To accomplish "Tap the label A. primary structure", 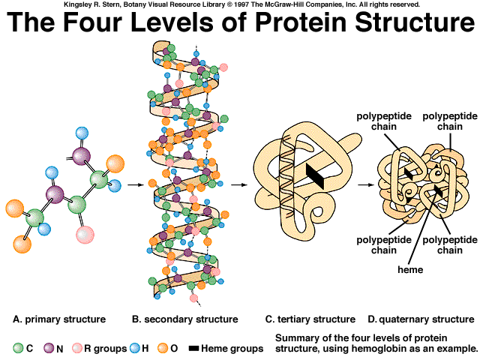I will point(59,319).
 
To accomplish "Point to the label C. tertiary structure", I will point(310,319).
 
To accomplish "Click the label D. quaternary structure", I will point(421,319).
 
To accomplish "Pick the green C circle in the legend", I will point(18,348).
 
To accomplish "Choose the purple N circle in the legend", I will point(49,348).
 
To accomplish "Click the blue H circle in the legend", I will point(136,348).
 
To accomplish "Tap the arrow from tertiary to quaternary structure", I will point(365,183).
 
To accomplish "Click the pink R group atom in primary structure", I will point(85,234).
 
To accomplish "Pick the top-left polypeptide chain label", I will point(379,121).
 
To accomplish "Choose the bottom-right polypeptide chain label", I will point(442,245).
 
